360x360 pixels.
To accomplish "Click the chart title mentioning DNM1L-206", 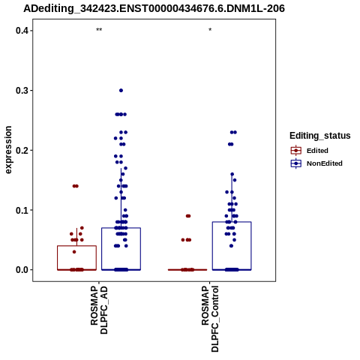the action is point(154,9).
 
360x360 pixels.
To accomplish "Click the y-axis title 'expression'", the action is point(8,150).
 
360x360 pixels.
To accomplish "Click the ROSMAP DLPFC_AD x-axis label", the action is point(99,310).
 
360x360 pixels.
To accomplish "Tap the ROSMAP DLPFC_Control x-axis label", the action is point(210,319).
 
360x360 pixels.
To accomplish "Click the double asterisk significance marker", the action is point(99,30).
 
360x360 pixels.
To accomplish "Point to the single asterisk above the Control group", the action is point(210,30).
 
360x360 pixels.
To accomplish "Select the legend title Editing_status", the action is point(320,136).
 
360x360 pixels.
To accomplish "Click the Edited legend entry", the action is point(310,151).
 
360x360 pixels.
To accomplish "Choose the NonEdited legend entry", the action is point(316,163).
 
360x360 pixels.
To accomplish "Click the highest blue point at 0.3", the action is point(121,90).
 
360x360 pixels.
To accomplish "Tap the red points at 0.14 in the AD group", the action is point(76,186).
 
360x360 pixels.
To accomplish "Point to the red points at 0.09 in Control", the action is point(188,216).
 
